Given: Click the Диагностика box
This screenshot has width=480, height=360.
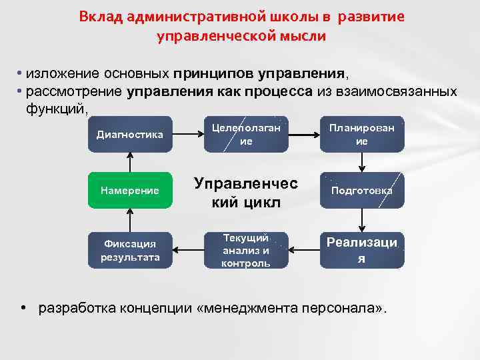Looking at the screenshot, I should pos(130,134).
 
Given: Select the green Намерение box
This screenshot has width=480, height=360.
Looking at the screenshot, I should pos(130,191).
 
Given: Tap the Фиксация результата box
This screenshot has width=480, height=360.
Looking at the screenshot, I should pos(130,250).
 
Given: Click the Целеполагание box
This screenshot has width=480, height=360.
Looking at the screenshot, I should pos(246,134).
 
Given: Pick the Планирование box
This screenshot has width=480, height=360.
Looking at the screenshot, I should pos(362,134).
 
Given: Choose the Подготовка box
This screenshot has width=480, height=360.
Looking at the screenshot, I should pos(362,191).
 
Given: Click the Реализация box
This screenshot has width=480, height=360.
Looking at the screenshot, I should pos(362,250).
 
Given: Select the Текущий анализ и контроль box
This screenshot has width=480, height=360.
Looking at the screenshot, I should pos(246,250).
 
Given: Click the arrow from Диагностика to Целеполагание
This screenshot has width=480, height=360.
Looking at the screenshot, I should pos(188,134).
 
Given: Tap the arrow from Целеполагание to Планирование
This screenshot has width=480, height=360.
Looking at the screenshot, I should pos(304,134).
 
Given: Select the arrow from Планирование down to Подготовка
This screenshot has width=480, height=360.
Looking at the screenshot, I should pos(362,162).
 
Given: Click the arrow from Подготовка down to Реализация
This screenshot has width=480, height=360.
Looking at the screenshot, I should pos(362,220).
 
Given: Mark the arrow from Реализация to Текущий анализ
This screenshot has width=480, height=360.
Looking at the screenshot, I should pos(304,250).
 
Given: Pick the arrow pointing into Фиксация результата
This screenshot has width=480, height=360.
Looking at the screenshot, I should pos(188,250).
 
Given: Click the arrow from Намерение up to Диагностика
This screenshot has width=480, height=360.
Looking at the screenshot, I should pos(130,162).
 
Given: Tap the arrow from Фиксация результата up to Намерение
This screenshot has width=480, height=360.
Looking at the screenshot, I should pos(130,220).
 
